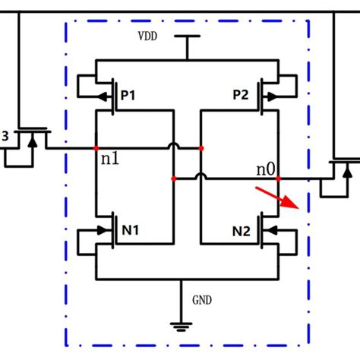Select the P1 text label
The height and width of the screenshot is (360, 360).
128,96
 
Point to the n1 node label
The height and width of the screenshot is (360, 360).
110,161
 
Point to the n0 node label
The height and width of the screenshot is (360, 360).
264,169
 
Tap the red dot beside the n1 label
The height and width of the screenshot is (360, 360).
96,148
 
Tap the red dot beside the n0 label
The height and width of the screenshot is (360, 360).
279,179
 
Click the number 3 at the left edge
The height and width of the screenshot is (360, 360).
5,136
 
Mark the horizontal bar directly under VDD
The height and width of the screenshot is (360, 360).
186,36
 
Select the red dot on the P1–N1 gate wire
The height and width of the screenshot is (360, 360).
174,179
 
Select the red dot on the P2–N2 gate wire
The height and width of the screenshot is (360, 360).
201,148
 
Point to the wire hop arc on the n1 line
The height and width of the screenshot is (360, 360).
174,144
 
